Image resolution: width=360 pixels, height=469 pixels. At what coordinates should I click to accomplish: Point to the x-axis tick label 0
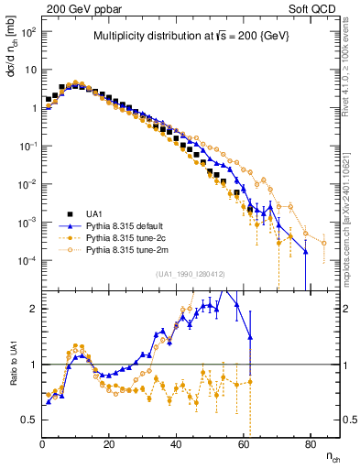pyautogui.click(x=42, y=442)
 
